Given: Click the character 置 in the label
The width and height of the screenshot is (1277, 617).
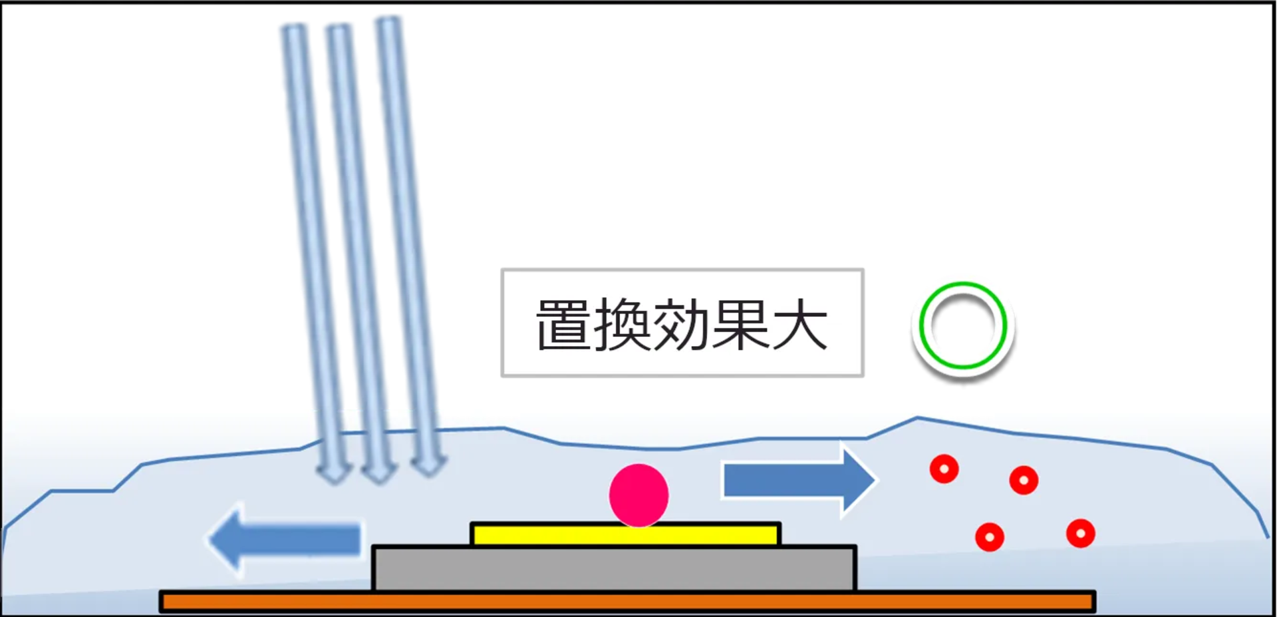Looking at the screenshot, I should (565, 325).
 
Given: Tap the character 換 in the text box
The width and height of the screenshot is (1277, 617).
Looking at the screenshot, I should (623, 325).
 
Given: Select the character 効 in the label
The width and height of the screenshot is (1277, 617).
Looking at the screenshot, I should (681, 325).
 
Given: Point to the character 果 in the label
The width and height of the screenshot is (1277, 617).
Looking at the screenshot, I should (740, 325).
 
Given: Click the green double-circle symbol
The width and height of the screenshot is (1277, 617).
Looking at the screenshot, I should (962, 325).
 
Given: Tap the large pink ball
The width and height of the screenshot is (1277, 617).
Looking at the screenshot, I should (638, 495).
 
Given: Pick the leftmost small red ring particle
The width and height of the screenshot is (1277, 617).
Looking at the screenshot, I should (944, 469).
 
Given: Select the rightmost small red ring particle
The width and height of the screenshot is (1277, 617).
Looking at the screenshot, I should (1080, 533).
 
